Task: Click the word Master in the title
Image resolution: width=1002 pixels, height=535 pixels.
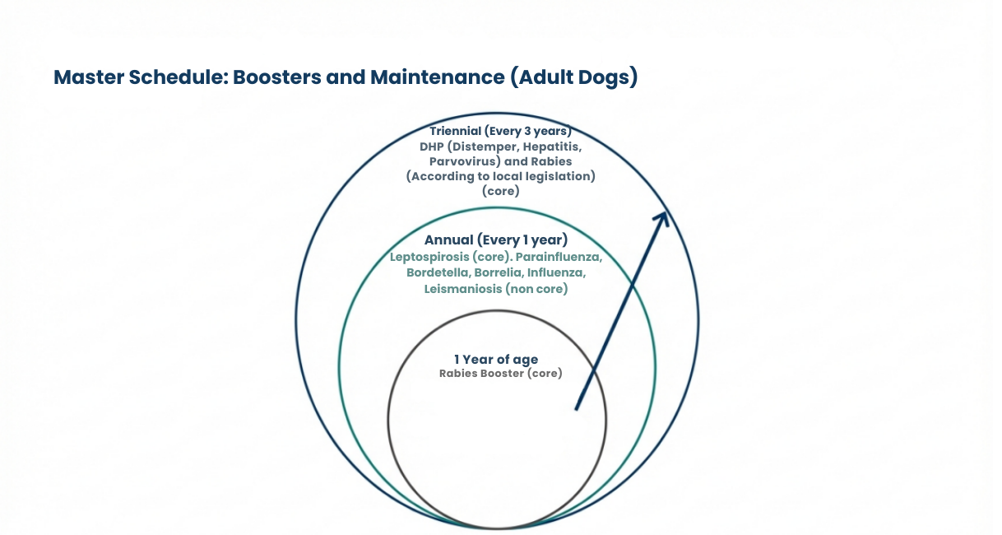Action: (89, 77)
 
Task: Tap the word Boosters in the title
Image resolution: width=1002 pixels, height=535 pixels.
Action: (277, 77)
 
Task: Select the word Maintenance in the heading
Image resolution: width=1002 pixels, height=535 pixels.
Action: (438, 77)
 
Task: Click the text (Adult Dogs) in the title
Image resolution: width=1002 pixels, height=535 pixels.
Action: (574, 77)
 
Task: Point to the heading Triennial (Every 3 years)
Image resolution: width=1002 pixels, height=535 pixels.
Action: (500, 131)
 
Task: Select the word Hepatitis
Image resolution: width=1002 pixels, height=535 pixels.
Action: (553, 147)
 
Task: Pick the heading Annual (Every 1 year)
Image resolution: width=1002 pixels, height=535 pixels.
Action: (496, 240)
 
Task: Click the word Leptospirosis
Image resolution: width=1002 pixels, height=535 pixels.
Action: (429, 258)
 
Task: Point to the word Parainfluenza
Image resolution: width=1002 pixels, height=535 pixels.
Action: (559, 257)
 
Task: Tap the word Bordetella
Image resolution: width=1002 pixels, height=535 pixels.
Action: (438, 272)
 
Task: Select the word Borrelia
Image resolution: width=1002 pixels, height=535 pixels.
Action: (499, 272)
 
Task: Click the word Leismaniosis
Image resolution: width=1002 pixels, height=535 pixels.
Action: (463, 289)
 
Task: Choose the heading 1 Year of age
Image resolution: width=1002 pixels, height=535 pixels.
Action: (496, 360)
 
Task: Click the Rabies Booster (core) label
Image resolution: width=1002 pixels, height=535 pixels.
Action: (500, 374)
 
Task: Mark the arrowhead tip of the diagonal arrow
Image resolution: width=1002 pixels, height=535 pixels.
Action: (666, 212)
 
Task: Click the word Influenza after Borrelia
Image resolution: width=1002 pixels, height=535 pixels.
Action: (556, 272)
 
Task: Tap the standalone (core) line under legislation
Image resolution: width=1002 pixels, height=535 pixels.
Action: (500, 191)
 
